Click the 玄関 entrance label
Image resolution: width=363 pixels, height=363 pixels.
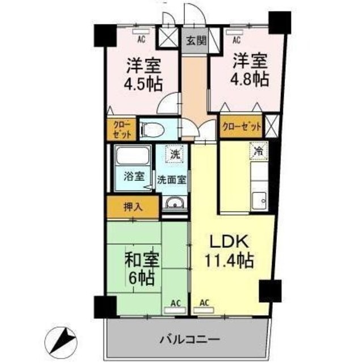coord(195,40)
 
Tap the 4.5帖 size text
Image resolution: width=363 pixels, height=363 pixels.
coord(143,84)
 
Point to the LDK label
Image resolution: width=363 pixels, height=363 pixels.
coord(229,242)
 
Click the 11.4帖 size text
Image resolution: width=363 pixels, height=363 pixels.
coord(229,262)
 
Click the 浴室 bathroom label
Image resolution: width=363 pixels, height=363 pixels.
coord(131,175)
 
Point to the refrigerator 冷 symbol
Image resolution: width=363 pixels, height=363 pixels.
coord(258,151)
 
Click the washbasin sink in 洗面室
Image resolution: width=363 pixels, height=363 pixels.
coord(172,203)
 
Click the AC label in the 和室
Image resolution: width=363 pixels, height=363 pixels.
coord(177,303)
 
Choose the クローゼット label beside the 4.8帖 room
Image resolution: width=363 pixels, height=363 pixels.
coord(242,126)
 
